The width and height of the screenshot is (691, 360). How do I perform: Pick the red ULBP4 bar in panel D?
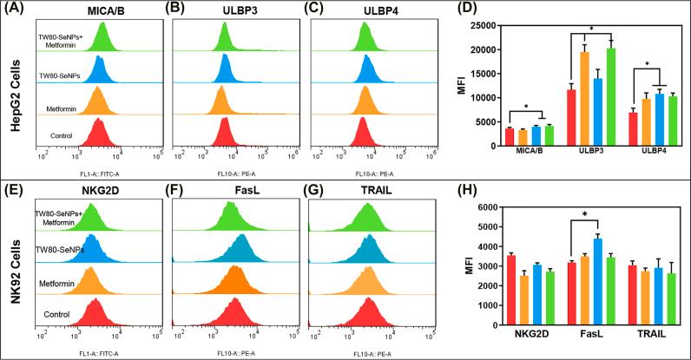(x=635, y=126)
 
